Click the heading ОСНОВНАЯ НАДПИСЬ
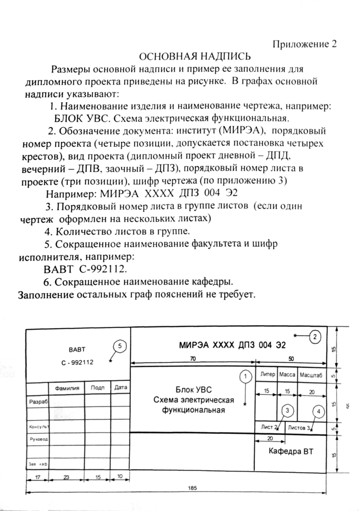[195, 57]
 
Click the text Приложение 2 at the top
[305, 44]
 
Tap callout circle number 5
[119, 346]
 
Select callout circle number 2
[315, 336]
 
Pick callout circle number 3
[287, 411]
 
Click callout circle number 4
[318, 412]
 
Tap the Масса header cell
[287, 375]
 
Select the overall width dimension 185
[193, 488]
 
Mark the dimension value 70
[193, 359]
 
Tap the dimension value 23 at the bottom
[66, 477]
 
